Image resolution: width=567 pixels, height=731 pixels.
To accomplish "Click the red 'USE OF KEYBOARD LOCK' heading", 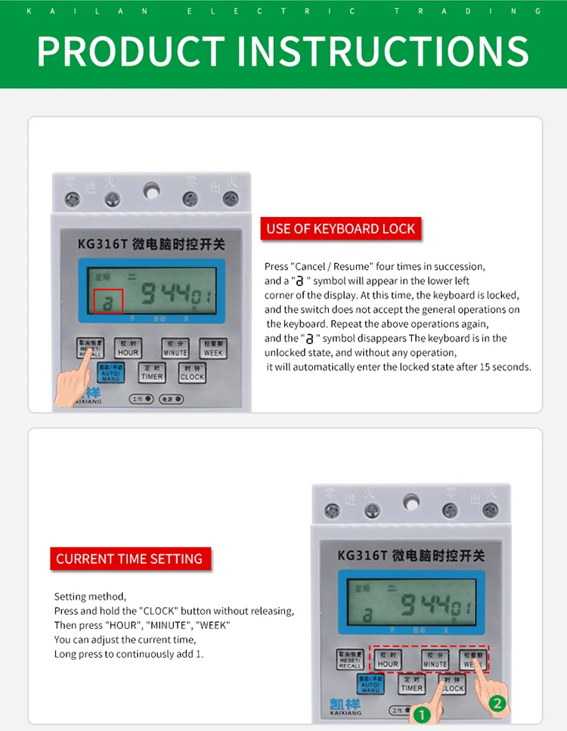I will point(340,228).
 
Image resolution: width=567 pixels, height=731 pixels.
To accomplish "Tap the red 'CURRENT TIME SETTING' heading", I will point(129,559).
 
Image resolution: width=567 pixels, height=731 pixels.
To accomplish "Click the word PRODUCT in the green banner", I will point(130,51).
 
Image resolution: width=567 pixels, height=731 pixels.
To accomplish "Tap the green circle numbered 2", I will point(497,703).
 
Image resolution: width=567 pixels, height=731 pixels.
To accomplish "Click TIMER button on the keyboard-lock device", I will point(152,373).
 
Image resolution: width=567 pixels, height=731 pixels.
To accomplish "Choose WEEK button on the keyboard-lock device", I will point(213,348).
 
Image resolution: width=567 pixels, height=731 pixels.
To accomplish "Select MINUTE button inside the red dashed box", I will point(435,659).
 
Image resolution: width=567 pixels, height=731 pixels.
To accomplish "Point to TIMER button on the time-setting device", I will point(412,684).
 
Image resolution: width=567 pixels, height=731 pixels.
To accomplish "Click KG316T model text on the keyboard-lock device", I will point(103,244).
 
